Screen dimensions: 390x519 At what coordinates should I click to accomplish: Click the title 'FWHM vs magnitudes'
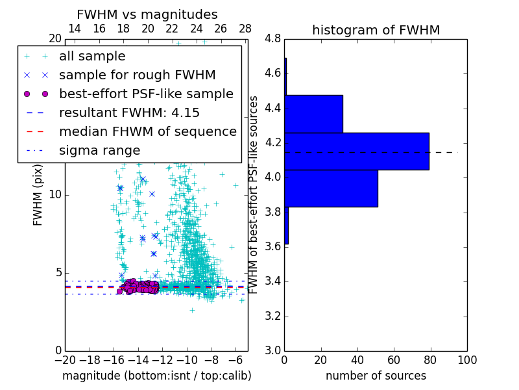pos(147,15)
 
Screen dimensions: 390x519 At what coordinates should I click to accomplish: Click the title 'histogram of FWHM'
pos(376,30)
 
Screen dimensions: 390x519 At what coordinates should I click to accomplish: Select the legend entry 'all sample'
pos(92,57)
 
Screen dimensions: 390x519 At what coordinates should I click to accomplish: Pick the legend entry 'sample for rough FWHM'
pos(137,75)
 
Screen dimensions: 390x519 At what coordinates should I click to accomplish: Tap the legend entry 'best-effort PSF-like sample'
pos(146,94)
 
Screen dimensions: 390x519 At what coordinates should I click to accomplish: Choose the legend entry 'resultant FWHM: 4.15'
pos(129,113)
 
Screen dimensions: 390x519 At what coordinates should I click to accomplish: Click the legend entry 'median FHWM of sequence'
pos(147,132)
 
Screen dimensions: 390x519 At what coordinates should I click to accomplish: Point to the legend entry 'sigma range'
pos(99,151)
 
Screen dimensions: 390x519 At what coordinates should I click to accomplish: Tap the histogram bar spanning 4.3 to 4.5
pos(313,114)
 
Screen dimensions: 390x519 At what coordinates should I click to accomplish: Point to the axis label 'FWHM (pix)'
pos(38,195)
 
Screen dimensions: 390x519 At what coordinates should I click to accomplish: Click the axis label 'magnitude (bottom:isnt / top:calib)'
pos(156,376)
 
